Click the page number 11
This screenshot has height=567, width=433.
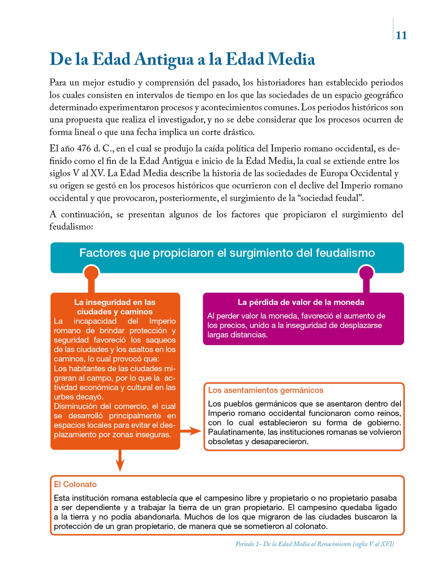click(401, 35)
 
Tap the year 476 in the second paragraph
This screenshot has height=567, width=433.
click(84, 149)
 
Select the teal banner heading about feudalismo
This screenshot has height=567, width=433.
click(227, 253)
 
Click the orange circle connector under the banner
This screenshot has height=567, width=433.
click(91, 273)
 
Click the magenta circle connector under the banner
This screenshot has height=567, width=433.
click(366, 273)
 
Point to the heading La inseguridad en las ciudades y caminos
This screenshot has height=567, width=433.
click(115, 307)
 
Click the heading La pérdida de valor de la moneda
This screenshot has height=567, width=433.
click(301, 302)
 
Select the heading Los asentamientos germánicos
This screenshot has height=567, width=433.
click(266, 390)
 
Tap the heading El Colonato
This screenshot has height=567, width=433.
click(75, 484)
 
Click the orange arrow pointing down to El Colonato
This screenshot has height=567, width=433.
click(120, 461)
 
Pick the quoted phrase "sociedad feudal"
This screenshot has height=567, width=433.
click(330, 198)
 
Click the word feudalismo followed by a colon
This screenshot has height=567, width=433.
click(71, 227)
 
